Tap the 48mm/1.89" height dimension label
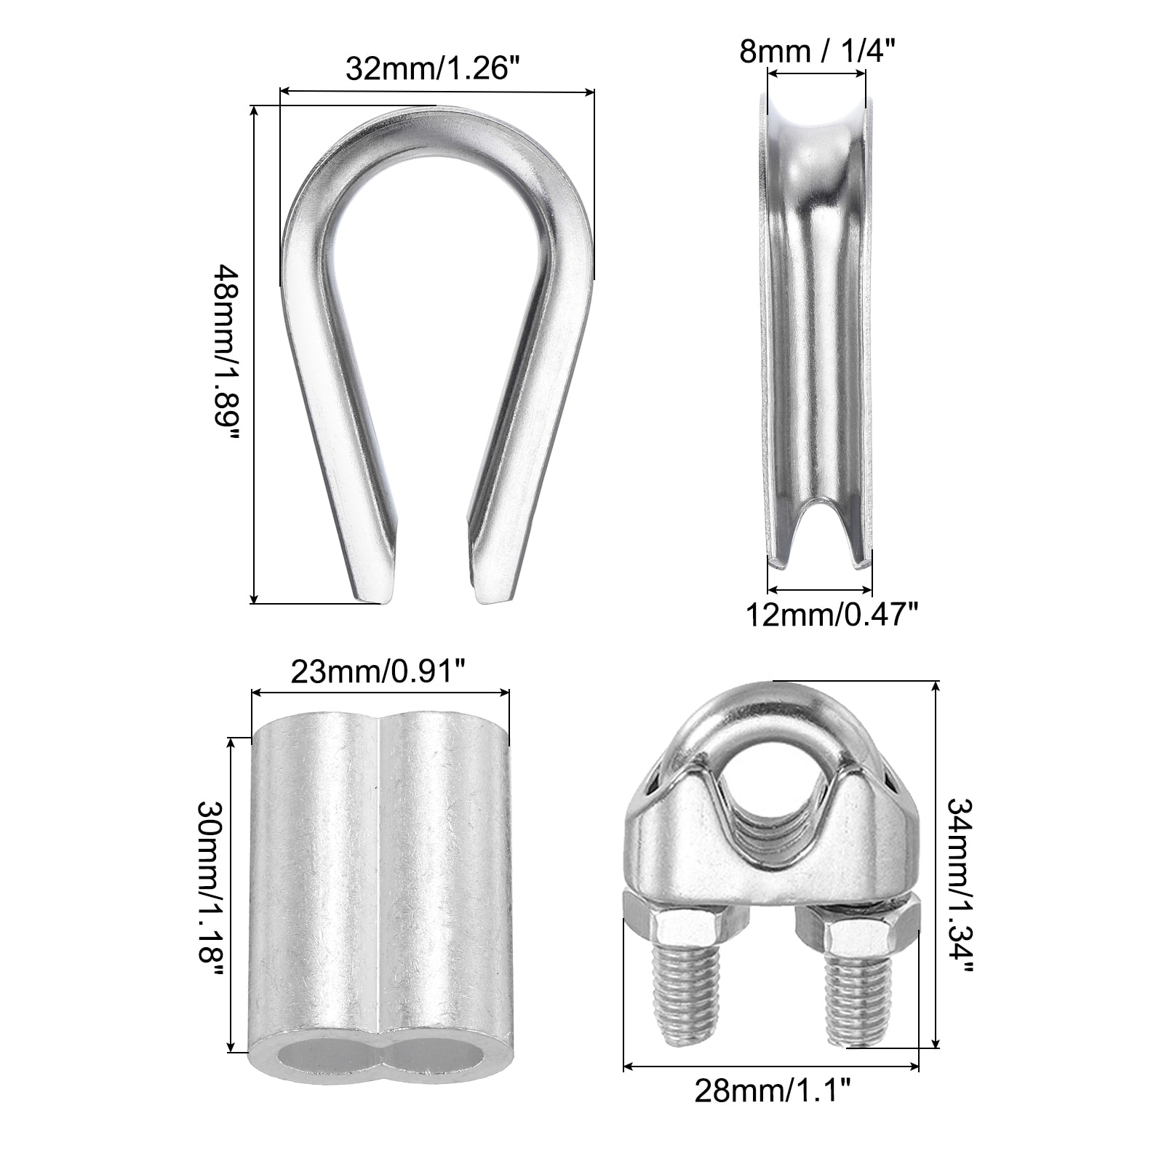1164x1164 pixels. point(225,356)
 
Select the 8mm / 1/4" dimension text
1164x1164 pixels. point(816,51)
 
